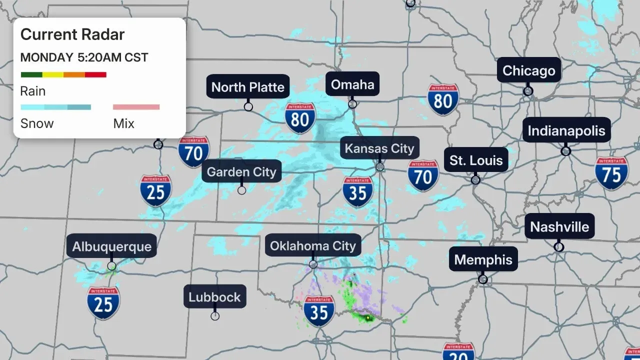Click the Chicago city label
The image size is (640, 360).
(x=529, y=70)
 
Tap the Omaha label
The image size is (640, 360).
(x=352, y=84)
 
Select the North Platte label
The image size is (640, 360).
(x=248, y=87)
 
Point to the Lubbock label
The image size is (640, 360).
(x=214, y=297)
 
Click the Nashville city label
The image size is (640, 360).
(x=559, y=227)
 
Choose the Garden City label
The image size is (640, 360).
(x=241, y=172)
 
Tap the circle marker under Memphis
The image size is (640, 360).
(x=483, y=279)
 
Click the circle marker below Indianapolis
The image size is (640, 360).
(x=566, y=151)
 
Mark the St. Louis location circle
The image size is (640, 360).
(x=475, y=179)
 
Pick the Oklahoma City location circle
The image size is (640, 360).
(x=313, y=264)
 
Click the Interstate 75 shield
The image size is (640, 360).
(x=611, y=173)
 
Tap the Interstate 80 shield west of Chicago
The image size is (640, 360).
(x=443, y=100)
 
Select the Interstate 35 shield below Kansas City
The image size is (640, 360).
(x=358, y=192)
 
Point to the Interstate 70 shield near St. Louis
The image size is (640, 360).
(x=423, y=175)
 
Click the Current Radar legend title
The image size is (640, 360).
(x=72, y=34)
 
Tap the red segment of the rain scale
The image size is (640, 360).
(x=95, y=75)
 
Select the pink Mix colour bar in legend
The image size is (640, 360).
(x=136, y=107)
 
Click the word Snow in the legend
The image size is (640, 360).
(x=37, y=123)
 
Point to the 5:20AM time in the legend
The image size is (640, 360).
(x=99, y=57)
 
